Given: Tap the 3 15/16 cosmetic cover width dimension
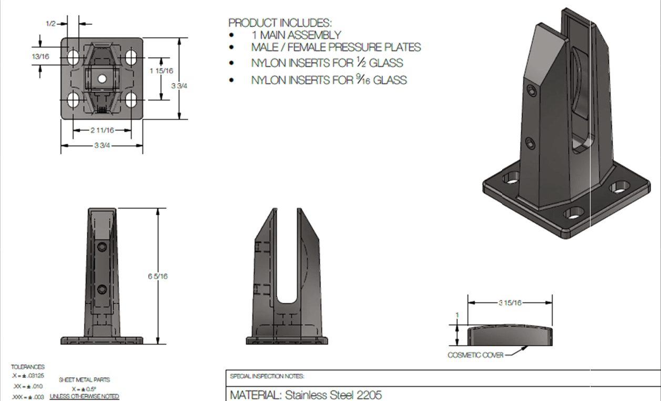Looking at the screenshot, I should tap(510, 303).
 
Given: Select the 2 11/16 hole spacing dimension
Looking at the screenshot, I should tap(102, 130).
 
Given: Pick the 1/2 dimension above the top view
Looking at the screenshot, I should tap(51, 23).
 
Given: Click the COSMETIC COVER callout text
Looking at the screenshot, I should tap(475, 355).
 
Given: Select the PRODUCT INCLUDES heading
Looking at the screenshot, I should tap(280, 23).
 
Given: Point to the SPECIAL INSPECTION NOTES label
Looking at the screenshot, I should tap(267, 376).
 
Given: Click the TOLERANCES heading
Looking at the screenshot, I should tap(28, 367).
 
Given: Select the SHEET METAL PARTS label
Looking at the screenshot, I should tap(84, 379).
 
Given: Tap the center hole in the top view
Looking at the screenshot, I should tap(102, 78).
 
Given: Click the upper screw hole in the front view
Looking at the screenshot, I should tap(102, 247).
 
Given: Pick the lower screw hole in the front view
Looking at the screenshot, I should tap(102, 288).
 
